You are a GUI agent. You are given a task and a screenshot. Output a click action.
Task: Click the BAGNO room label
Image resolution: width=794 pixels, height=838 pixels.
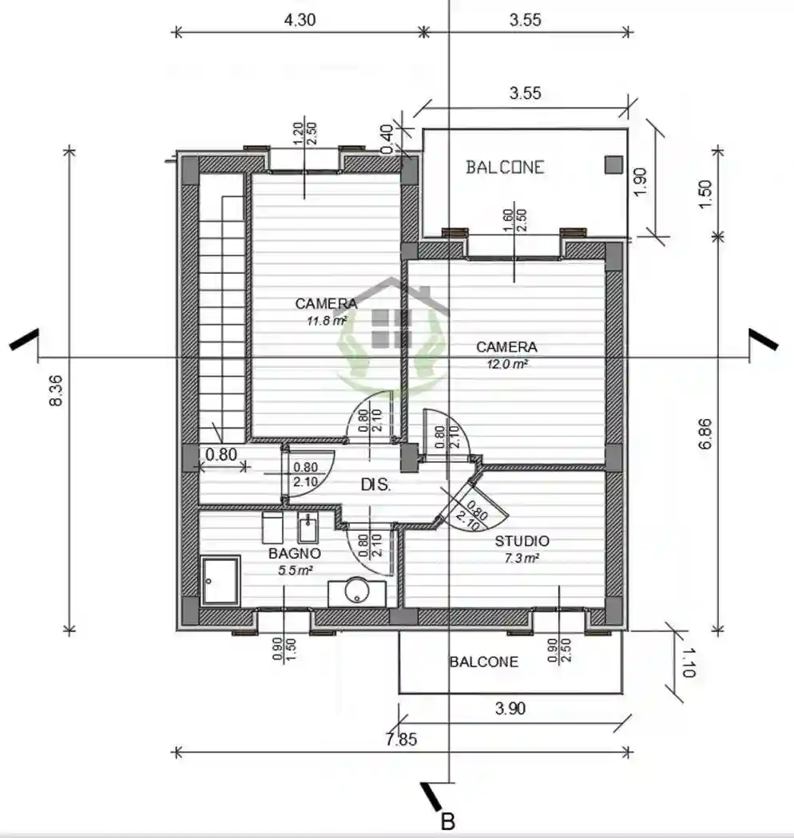[x=295, y=553]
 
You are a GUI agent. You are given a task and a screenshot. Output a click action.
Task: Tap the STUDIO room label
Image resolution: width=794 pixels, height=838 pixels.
[x=522, y=541]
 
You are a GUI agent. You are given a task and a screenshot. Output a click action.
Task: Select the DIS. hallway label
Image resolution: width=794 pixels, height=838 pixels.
[x=375, y=484]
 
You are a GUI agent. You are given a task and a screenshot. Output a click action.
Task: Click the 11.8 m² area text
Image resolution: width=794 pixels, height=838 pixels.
[x=326, y=320]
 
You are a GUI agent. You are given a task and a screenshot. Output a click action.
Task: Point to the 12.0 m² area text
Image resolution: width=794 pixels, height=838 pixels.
[x=506, y=364]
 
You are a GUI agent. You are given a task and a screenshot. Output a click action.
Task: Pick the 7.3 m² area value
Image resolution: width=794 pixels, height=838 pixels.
[x=522, y=558]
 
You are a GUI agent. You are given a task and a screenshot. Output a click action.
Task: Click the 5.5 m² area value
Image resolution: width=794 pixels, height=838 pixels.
[x=295, y=570]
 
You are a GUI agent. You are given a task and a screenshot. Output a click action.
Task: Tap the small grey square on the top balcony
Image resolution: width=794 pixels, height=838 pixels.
[x=613, y=164]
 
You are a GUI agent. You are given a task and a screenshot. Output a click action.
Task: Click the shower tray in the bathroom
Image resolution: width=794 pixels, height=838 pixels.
[x=220, y=580]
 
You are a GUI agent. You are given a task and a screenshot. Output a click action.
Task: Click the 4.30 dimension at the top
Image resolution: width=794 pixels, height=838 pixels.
[x=300, y=21]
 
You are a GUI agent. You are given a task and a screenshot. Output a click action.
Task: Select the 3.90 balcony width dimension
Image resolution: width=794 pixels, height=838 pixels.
[x=511, y=708]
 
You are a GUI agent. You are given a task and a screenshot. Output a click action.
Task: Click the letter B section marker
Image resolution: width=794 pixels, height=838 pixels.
[x=448, y=820]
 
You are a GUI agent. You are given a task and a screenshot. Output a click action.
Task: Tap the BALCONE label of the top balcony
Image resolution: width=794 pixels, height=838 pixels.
[x=505, y=167]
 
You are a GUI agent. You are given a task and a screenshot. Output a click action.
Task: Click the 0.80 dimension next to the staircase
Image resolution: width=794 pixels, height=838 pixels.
[x=221, y=455]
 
